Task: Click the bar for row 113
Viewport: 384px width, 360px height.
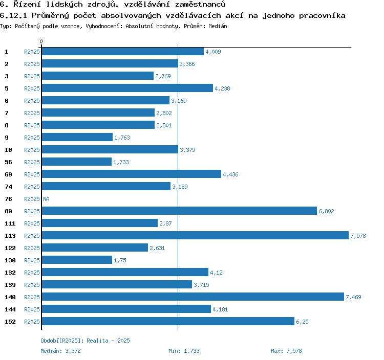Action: point(195,235)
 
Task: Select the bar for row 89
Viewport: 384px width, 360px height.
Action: point(179,211)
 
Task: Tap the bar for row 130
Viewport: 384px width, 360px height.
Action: point(77,260)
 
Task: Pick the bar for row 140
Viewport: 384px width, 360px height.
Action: point(193,297)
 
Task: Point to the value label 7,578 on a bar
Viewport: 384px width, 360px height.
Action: point(358,236)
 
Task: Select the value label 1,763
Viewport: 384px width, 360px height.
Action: point(122,138)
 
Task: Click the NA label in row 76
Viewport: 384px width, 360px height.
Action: point(46,199)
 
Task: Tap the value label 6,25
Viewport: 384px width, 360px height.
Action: point(302,322)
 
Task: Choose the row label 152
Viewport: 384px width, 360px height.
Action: point(10,322)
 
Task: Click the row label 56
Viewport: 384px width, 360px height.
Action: point(8,162)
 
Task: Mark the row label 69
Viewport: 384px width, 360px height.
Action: point(8,174)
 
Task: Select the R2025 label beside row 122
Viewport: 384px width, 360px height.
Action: point(32,248)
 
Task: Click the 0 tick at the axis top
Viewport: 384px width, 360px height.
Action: point(41,41)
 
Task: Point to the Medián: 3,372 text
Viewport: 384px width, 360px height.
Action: point(60,351)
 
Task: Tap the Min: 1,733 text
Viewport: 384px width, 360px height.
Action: point(184,351)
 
